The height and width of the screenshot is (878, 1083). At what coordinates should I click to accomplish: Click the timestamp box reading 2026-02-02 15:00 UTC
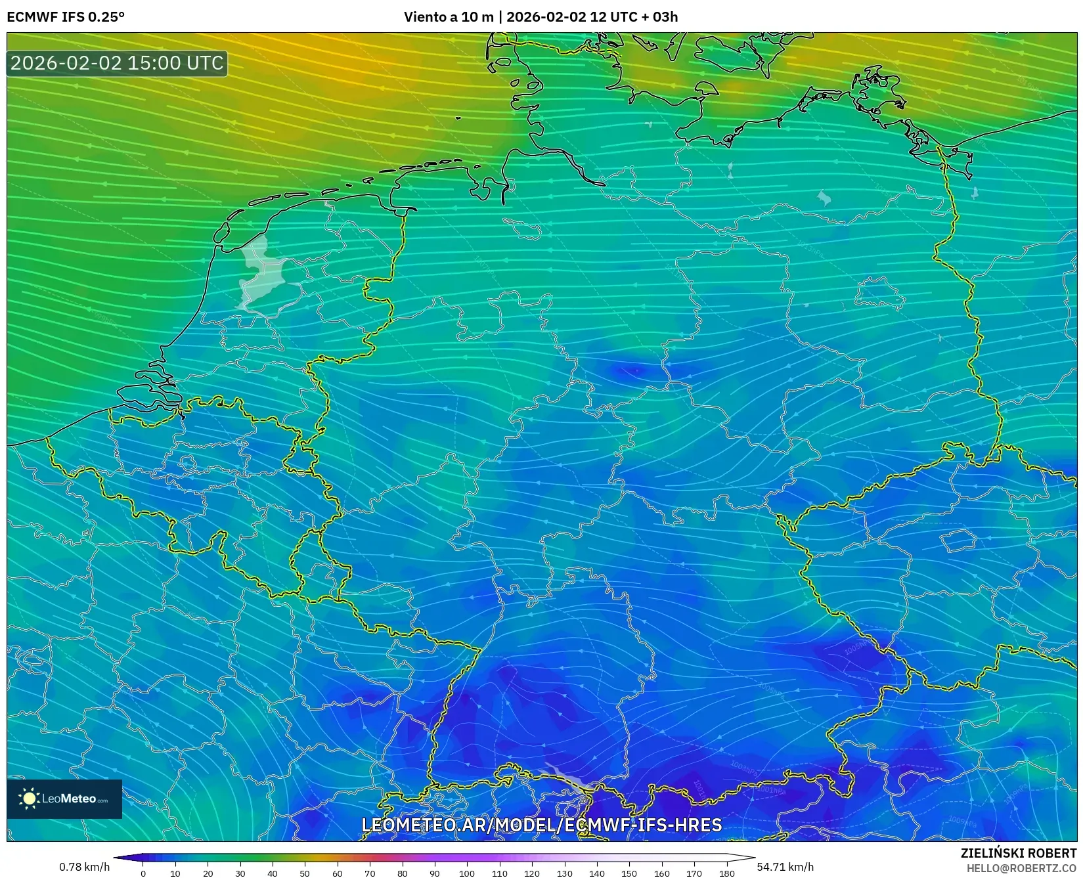tap(117, 63)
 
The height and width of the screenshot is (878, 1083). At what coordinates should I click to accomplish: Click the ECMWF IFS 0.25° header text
tap(66, 17)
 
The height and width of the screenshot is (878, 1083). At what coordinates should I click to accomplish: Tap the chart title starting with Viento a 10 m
tap(541, 17)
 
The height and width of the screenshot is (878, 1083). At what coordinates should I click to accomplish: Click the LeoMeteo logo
tap(64, 799)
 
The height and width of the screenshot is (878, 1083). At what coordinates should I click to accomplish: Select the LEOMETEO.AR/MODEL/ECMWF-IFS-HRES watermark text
tap(542, 825)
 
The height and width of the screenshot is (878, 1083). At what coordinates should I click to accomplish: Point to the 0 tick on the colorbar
tap(143, 873)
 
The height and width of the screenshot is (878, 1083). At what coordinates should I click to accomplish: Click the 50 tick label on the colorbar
tap(305, 873)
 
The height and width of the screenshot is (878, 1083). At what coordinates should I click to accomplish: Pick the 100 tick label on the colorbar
tap(467, 873)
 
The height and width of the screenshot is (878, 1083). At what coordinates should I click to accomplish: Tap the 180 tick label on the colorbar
tap(726, 873)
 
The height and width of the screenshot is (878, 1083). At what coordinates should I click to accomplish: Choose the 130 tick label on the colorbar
tap(564, 873)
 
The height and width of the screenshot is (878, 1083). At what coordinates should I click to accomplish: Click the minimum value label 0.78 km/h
tap(84, 867)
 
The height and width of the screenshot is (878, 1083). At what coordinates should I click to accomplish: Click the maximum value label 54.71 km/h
tap(785, 867)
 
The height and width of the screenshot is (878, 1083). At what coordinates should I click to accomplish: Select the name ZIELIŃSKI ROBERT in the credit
tap(1019, 854)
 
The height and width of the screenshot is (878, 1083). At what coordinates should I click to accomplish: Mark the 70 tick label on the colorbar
tap(370, 873)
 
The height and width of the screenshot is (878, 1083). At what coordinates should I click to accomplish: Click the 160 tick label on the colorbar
tap(661, 873)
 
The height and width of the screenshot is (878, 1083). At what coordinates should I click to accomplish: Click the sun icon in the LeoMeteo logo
tap(30, 799)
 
